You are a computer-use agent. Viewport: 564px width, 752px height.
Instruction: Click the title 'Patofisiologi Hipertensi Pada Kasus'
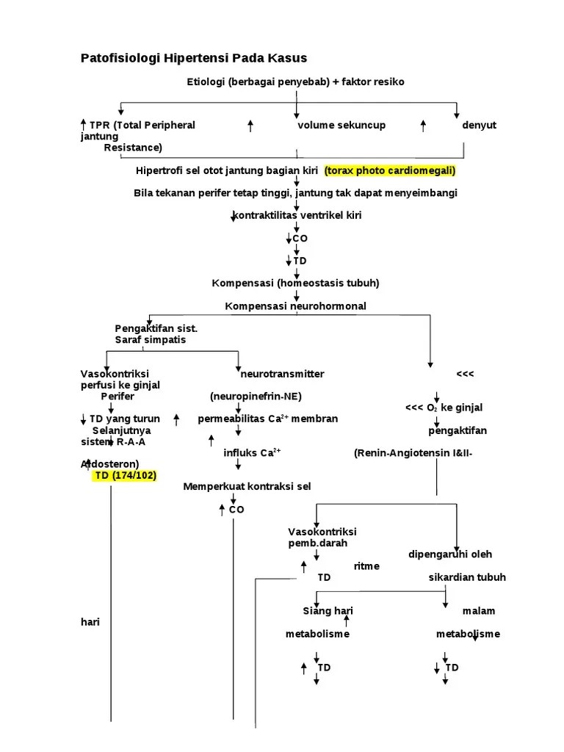click(x=193, y=58)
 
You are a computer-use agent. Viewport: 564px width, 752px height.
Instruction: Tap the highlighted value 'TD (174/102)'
click(x=125, y=475)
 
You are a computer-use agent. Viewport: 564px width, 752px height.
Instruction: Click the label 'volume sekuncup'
click(x=341, y=125)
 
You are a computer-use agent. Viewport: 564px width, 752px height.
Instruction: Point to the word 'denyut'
click(x=479, y=125)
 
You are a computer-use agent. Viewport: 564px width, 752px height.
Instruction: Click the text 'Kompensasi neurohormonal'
click(x=295, y=305)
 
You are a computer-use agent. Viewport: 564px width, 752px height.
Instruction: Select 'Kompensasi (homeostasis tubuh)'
click(x=295, y=283)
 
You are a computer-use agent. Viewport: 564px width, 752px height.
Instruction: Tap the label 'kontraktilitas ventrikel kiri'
click(x=297, y=215)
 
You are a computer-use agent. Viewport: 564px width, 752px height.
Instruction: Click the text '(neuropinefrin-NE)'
click(x=256, y=396)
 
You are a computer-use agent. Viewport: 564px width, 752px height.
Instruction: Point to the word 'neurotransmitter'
click(x=283, y=374)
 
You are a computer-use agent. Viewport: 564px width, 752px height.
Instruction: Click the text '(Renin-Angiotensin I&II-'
click(x=413, y=452)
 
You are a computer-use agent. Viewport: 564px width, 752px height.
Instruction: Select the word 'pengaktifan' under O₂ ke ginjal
click(x=458, y=430)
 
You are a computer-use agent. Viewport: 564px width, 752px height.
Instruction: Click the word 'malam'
click(x=479, y=611)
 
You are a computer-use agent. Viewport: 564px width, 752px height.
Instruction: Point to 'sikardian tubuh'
click(x=467, y=577)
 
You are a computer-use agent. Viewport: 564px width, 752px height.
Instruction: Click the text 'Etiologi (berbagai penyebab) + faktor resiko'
click(x=295, y=81)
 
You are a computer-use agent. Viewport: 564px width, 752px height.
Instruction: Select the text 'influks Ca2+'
click(x=252, y=452)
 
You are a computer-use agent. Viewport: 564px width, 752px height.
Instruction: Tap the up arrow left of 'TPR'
click(x=84, y=125)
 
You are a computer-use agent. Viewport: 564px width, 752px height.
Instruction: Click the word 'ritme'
click(x=366, y=565)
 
